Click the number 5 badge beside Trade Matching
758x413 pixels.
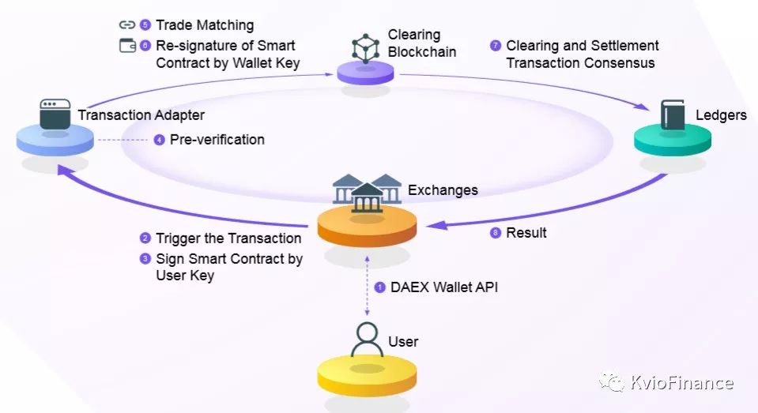(x=145, y=24)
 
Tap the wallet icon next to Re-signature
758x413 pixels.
(x=127, y=45)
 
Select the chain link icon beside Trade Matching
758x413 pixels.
(x=127, y=24)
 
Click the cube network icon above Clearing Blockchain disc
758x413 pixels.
(x=365, y=49)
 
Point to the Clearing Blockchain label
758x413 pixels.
(x=422, y=43)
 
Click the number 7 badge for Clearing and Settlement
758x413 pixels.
(x=496, y=45)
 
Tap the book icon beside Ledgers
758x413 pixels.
(x=673, y=115)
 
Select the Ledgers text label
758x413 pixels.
(x=722, y=115)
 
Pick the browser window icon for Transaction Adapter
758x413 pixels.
(x=55, y=114)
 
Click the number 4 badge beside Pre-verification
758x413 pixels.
(x=160, y=140)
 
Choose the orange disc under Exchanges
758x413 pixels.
(x=367, y=226)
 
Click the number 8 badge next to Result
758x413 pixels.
(x=496, y=233)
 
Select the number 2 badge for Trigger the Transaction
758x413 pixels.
(x=145, y=238)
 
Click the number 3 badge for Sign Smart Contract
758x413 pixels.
(x=145, y=258)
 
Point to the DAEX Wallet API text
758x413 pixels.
(x=443, y=287)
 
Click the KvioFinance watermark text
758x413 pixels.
(x=682, y=382)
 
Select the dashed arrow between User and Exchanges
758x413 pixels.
(x=367, y=286)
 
